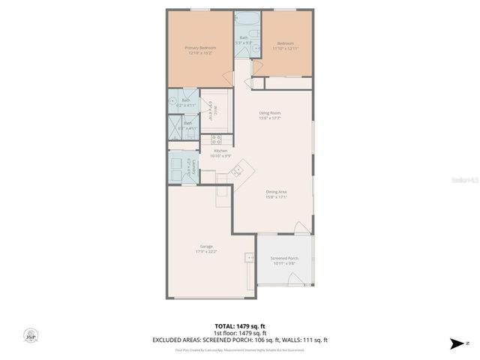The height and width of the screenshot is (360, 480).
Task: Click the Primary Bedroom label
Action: click(199, 47)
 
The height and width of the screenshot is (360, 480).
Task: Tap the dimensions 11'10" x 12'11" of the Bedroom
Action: click(286, 48)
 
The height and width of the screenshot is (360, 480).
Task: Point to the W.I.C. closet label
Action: click(211, 111)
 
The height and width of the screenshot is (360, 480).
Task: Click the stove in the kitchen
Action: click(216, 139)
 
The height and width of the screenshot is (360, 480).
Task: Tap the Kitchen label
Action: click(199, 151)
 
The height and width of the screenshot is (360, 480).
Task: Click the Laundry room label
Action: click(194, 168)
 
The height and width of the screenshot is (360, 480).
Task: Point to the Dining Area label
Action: click(276, 192)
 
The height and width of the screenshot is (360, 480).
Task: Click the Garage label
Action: click(205, 247)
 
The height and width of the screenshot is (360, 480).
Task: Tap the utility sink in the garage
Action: click(250, 257)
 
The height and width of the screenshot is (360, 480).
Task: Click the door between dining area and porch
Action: click(299, 228)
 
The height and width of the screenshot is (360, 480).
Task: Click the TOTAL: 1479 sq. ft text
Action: click(239, 326)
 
